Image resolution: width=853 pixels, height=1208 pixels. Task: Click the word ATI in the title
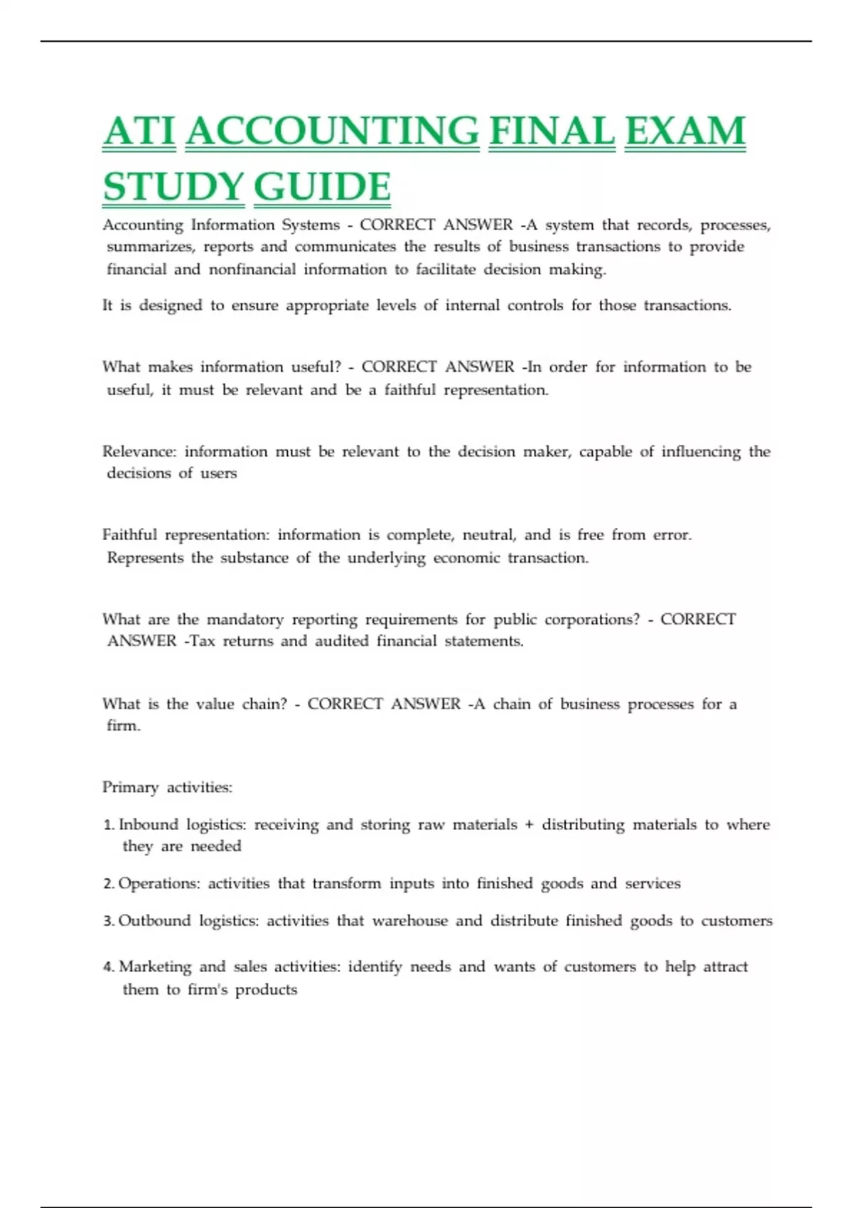[x=139, y=132]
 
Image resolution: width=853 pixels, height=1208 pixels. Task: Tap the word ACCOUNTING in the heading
[x=332, y=132]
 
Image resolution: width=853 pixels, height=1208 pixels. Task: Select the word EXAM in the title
[x=685, y=132]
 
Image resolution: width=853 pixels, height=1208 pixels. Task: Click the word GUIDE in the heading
[x=321, y=187]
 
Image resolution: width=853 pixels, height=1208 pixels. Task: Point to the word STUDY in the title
[x=173, y=187]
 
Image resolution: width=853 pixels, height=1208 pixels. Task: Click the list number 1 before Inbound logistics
[x=108, y=825]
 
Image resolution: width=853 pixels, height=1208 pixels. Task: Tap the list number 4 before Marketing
[x=108, y=967]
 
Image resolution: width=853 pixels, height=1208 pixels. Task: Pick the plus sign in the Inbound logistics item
[x=529, y=825]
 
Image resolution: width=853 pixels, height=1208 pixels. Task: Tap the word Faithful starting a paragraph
[x=129, y=535]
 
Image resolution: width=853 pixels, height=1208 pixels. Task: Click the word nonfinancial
[x=252, y=269]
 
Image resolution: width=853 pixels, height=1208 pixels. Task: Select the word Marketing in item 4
[x=155, y=967]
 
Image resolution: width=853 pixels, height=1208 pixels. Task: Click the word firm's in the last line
[x=207, y=990]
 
